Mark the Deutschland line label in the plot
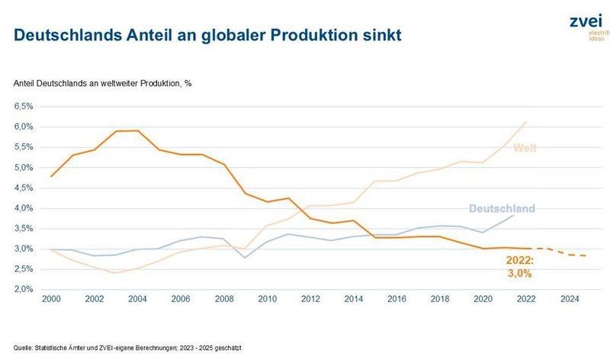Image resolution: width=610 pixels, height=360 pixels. pos(502,208)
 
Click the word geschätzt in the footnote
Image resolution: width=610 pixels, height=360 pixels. pos(226,348)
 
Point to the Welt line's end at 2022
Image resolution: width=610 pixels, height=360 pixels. pos(525,122)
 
